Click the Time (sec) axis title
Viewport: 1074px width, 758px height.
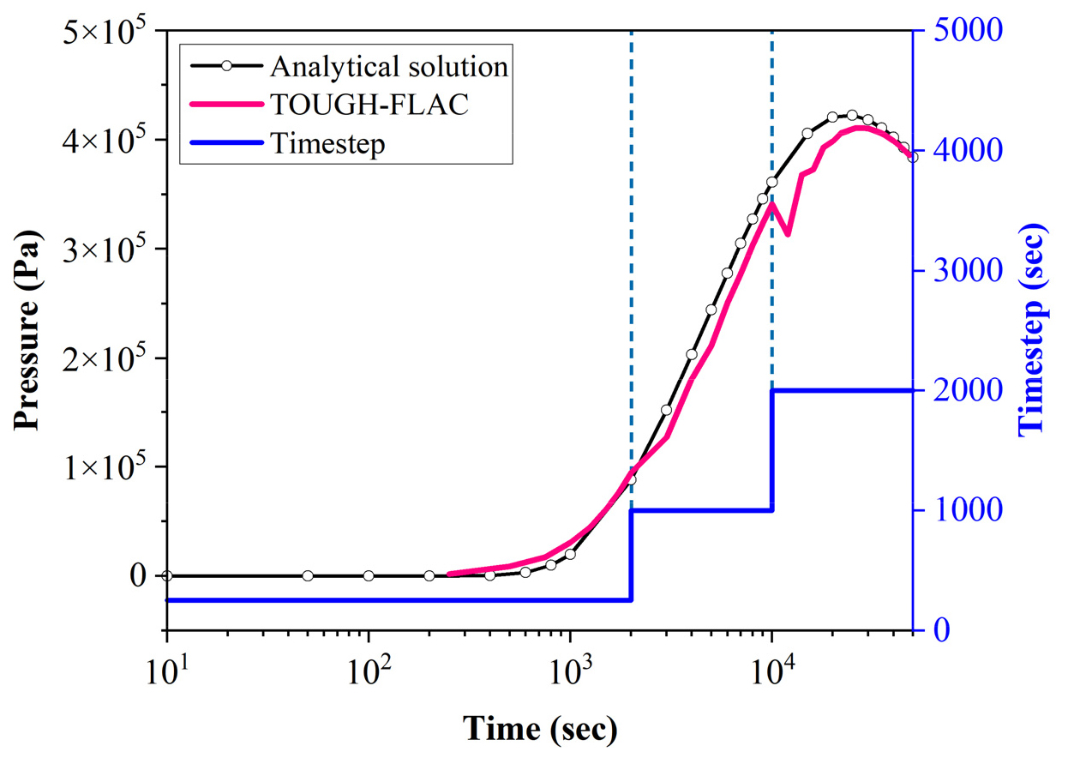tap(539, 729)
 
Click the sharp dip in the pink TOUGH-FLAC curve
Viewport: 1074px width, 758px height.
tap(788, 234)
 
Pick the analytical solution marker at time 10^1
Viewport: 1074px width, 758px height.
tap(167, 575)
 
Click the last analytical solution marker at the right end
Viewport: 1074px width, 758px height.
tap(912, 157)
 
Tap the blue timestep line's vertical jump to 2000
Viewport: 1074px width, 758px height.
tap(772, 450)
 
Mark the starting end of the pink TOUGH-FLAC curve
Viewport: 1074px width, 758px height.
tap(449, 574)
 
